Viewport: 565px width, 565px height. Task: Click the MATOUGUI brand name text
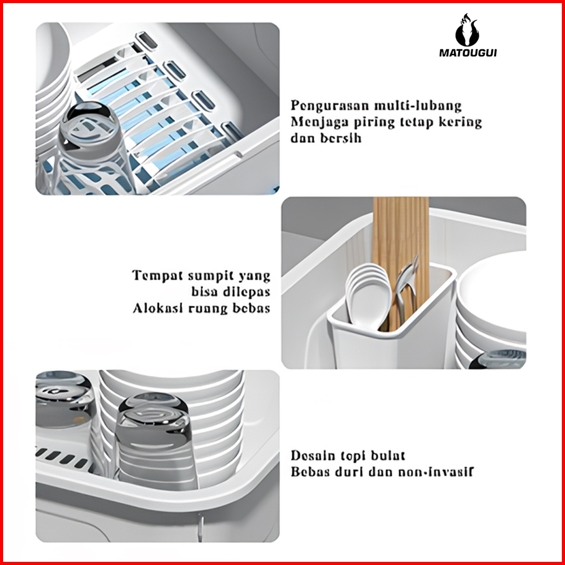coord(468,53)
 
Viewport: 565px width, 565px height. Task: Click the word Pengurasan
coord(330,106)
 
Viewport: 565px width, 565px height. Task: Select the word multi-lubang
coord(418,106)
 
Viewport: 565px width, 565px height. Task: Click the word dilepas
coord(246,292)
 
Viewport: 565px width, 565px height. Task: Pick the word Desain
coord(312,456)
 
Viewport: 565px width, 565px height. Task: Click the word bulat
coord(387,456)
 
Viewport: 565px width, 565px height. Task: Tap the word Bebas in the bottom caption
coord(310,472)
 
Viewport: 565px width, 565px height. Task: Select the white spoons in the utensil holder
coord(368,296)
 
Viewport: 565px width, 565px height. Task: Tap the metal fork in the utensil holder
coord(407,284)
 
